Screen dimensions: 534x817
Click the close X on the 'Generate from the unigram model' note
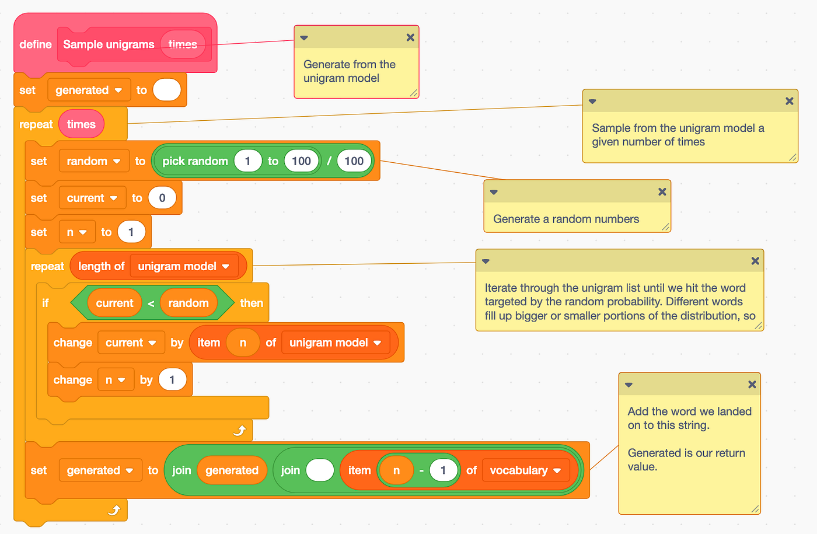click(x=410, y=37)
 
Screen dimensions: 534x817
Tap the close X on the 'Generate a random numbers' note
click(x=662, y=191)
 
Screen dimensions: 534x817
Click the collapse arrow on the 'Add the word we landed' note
click(x=629, y=385)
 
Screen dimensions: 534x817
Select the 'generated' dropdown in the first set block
click(x=89, y=90)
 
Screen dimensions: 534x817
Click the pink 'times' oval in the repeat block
click(x=81, y=124)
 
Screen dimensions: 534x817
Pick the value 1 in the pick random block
click(x=247, y=161)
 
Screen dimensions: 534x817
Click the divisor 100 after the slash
click(x=354, y=161)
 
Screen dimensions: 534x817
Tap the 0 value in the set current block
click(x=162, y=198)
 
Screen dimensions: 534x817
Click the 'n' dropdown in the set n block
click(x=76, y=232)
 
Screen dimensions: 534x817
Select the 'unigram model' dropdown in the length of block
click(x=184, y=267)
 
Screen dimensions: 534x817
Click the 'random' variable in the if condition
click(x=188, y=303)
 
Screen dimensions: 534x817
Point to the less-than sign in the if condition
click(x=151, y=303)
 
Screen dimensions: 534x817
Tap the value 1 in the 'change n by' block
click(x=172, y=380)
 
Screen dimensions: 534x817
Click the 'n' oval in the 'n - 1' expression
click(x=396, y=470)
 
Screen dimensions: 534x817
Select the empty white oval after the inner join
click(x=320, y=470)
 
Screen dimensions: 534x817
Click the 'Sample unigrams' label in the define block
click(x=109, y=44)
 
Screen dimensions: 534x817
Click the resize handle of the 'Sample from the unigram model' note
click(x=792, y=157)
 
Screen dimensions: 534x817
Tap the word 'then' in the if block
click(x=252, y=303)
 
